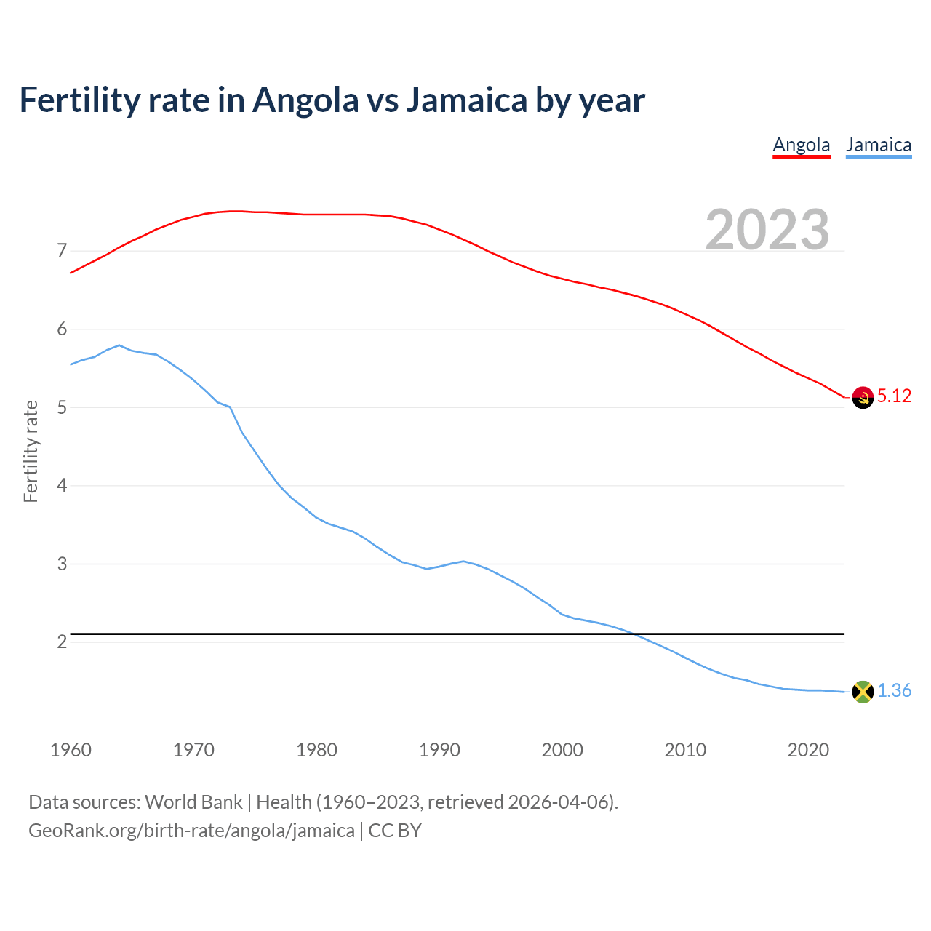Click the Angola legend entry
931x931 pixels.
click(x=801, y=145)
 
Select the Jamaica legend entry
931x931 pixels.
click(x=878, y=145)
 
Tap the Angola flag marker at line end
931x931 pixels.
click(x=863, y=397)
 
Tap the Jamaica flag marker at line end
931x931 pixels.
click(x=863, y=692)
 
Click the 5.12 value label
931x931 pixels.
click(x=894, y=396)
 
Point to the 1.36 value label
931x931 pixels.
click(x=894, y=691)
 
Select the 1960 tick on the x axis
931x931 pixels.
click(x=71, y=750)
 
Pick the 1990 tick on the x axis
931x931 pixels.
click(x=439, y=750)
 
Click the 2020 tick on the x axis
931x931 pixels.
click(x=808, y=750)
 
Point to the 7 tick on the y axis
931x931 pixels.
click(x=62, y=251)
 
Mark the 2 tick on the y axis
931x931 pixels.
click(x=62, y=642)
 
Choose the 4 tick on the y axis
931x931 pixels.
click(x=62, y=485)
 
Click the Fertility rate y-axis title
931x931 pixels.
click(x=31, y=451)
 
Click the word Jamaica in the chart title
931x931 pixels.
click(x=465, y=100)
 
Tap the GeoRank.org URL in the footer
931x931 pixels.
click(x=191, y=831)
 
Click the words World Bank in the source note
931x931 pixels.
click(x=193, y=802)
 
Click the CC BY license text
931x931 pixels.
click(x=395, y=831)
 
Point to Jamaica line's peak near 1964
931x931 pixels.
click(x=119, y=345)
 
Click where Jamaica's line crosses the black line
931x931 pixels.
click(x=633, y=634)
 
